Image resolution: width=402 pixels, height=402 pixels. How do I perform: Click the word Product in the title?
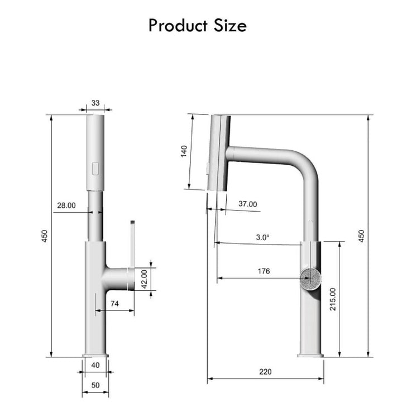click(x=178, y=26)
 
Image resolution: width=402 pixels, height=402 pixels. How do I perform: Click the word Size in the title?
click(x=230, y=26)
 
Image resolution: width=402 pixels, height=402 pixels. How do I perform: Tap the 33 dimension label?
click(x=95, y=103)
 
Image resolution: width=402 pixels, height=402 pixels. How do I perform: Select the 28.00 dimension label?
click(x=66, y=205)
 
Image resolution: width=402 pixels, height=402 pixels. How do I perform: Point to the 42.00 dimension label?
click(x=145, y=279)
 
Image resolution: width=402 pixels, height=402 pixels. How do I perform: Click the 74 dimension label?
click(x=114, y=304)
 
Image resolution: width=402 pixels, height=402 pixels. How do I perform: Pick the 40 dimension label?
click(x=95, y=365)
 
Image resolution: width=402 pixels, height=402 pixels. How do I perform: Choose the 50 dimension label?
click(x=95, y=385)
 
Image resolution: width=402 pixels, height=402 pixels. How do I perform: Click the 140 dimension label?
click(x=184, y=151)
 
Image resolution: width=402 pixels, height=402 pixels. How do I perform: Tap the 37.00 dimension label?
click(x=248, y=204)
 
